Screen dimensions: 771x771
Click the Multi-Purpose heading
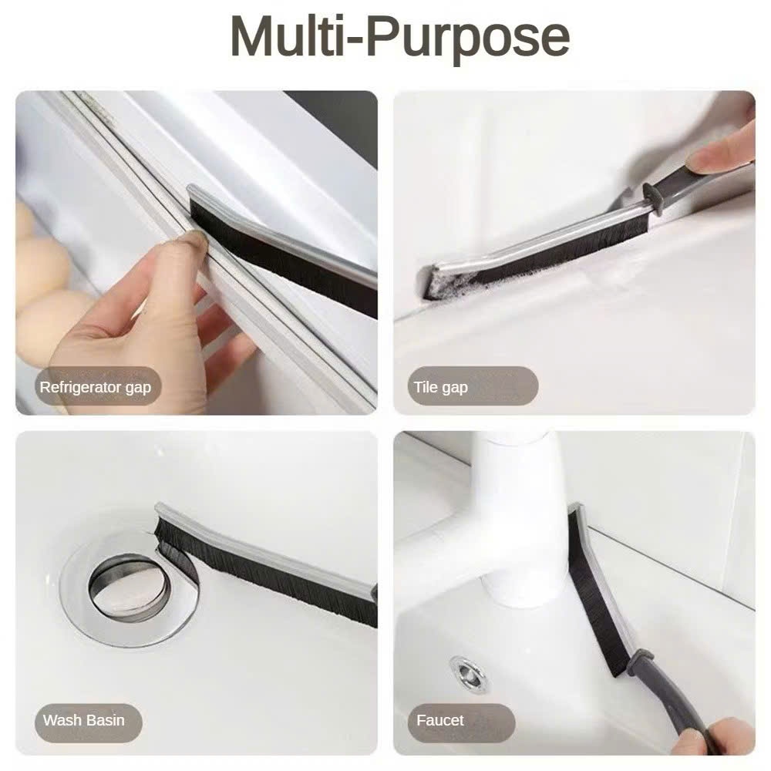click(x=399, y=37)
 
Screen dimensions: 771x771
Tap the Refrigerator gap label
click(x=96, y=388)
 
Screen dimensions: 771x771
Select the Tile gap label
click(x=440, y=388)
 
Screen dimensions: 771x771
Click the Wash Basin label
click(x=83, y=720)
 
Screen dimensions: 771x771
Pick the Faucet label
click(x=440, y=720)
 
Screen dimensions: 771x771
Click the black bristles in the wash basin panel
click(x=265, y=575)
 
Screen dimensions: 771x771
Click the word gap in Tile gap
click(x=455, y=389)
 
